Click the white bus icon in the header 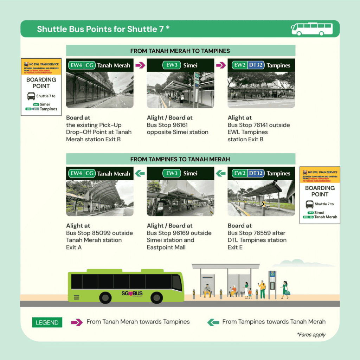tap(312, 29)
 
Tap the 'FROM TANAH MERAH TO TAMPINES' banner tap(180, 51)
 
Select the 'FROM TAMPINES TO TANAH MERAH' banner tap(180, 159)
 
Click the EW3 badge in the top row tap(172, 65)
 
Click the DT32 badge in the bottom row tap(256, 173)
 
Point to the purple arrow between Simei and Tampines tap(221, 65)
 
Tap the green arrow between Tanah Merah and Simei tap(140, 173)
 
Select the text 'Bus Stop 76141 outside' tap(258, 125)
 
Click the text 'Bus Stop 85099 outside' tap(99, 233)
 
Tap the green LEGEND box tap(47, 322)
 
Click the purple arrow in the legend tap(77, 322)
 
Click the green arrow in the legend tap(213, 322)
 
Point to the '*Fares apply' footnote tap(311, 334)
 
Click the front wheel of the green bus tap(156, 298)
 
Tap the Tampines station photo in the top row tap(261, 90)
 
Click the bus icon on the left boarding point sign tap(31, 96)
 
